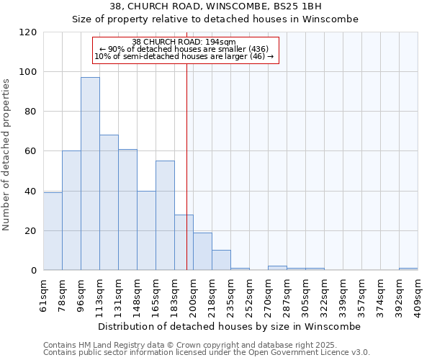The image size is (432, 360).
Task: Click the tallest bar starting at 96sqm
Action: pyautogui.click(x=90, y=174)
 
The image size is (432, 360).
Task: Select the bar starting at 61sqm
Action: pyautogui.click(x=53, y=231)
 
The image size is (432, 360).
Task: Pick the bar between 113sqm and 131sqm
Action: pyautogui.click(x=109, y=202)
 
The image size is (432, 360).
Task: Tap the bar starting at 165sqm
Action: pyautogui.click(x=165, y=215)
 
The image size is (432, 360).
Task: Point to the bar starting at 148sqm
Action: pyautogui.click(x=146, y=230)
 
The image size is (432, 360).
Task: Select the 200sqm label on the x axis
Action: pyautogui.click(x=193, y=294)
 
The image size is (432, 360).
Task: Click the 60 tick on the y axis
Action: pyautogui.click(x=31, y=151)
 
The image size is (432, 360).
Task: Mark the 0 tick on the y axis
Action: pyautogui.click(x=34, y=271)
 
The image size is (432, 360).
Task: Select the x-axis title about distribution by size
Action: pyautogui.click(x=229, y=326)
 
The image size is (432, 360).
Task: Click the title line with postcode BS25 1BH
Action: pyautogui.click(x=216, y=6)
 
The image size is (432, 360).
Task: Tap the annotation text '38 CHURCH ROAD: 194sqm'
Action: pyautogui.click(x=184, y=42)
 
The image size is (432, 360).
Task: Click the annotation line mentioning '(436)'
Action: pyautogui.click(x=184, y=49)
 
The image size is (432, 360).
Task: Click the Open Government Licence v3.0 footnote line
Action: pyautogui.click(x=207, y=353)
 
